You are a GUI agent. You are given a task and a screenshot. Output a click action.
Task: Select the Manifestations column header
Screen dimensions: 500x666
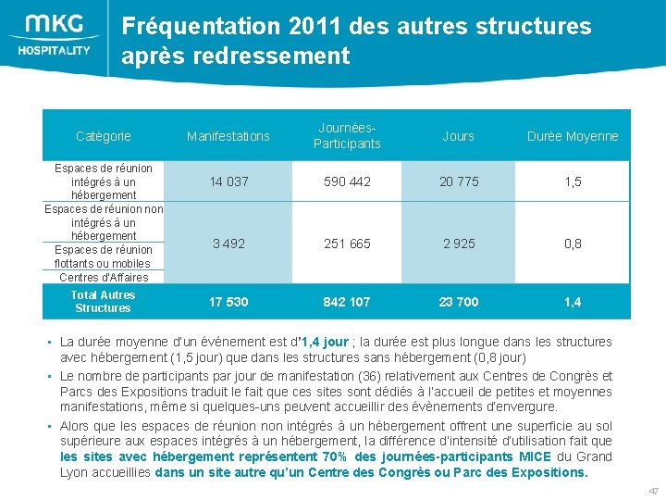[x=228, y=136]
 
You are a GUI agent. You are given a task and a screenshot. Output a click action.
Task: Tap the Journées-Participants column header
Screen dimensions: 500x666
[x=347, y=136]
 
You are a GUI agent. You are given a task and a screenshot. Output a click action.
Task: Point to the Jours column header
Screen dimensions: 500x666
[x=458, y=136]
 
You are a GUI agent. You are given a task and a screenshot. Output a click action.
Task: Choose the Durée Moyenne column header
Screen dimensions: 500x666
[x=573, y=136]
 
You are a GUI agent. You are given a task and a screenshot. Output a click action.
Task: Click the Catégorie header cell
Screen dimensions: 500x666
[x=104, y=136]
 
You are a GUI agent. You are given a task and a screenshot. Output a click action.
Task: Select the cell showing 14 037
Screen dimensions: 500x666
[x=228, y=181]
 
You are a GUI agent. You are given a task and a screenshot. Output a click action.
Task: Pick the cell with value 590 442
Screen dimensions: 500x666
[x=347, y=181]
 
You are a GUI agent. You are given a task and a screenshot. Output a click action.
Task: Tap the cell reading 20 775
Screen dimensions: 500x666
[x=459, y=181]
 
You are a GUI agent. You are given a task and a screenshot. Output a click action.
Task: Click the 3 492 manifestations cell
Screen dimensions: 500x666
[x=228, y=244]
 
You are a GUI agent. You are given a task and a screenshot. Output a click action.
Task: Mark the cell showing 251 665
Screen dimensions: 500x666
[x=347, y=244]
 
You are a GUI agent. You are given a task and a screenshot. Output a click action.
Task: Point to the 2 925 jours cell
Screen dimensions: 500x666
[x=459, y=244]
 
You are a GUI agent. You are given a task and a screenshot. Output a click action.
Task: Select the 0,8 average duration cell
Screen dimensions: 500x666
[x=573, y=244]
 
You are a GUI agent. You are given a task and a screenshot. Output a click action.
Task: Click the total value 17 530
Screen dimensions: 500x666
[x=228, y=302]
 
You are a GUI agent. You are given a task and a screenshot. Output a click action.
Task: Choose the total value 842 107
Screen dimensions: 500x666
[x=347, y=302]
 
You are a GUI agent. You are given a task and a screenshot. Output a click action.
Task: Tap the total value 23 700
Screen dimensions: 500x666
[x=459, y=302]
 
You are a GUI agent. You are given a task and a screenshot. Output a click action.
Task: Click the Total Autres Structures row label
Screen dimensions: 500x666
[x=104, y=302]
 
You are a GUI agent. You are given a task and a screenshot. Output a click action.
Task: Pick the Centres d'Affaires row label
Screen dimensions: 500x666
[x=104, y=277]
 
